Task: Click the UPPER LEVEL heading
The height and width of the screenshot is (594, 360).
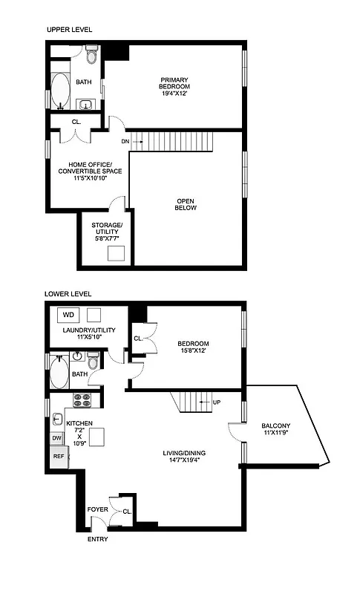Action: tap(69, 30)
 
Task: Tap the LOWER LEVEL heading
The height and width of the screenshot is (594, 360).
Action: tap(69, 294)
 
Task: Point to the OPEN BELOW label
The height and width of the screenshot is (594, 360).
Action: tap(186, 205)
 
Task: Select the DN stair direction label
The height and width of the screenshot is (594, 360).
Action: tap(126, 140)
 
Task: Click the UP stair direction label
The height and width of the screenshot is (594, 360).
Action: tap(217, 402)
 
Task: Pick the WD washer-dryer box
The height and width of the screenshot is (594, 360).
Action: tap(68, 315)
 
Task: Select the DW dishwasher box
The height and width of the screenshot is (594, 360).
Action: tap(57, 438)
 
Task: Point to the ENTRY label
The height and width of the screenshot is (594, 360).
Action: tap(98, 539)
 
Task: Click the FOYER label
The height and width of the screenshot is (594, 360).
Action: tap(97, 509)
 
